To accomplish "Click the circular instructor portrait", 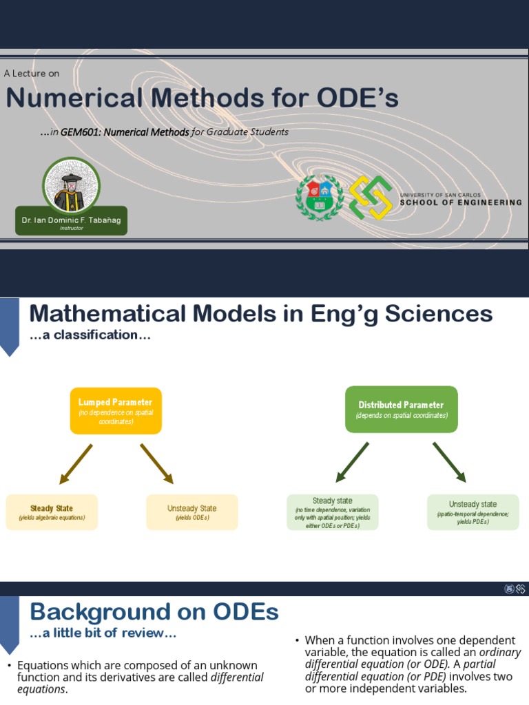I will tap(71, 185).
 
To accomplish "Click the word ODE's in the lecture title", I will tap(357, 98).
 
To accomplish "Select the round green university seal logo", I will tap(319, 198).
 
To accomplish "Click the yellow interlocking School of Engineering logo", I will tap(370, 198).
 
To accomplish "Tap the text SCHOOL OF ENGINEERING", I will tap(460, 202).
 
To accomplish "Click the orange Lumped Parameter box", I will tap(116, 410).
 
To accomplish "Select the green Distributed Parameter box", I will tap(401, 410).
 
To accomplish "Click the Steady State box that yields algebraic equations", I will tap(52, 512).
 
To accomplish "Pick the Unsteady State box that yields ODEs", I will tap(191, 512).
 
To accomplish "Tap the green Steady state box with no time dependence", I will tap(332, 512).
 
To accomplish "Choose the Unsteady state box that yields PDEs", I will tap(473, 512).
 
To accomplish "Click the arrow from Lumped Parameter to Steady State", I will tap(76, 463).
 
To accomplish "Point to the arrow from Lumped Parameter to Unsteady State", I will tap(157, 463).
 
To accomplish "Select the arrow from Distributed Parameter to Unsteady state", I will tap(449, 462).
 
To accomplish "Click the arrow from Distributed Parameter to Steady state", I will tap(353, 462).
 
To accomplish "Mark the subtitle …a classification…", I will tap(90, 336).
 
